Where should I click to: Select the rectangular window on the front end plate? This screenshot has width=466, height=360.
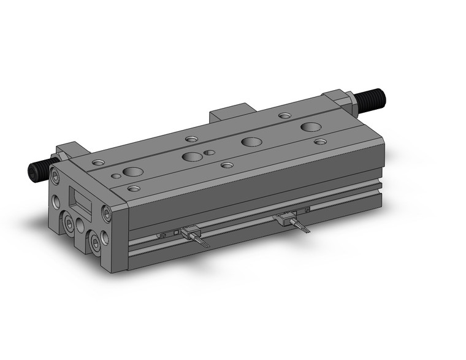tap(81, 199)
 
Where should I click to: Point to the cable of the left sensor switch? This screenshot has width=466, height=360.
tap(202, 242)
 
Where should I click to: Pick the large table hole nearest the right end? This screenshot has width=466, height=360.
tap(310, 127)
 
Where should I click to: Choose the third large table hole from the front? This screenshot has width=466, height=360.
tap(250, 142)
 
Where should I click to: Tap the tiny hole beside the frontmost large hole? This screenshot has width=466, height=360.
tap(116, 176)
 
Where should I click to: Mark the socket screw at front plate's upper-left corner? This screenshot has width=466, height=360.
tap(56, 177)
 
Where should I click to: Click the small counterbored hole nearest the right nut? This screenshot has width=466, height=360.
tap(285, 115)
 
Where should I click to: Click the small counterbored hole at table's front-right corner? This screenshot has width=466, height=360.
tap(320, 142)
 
